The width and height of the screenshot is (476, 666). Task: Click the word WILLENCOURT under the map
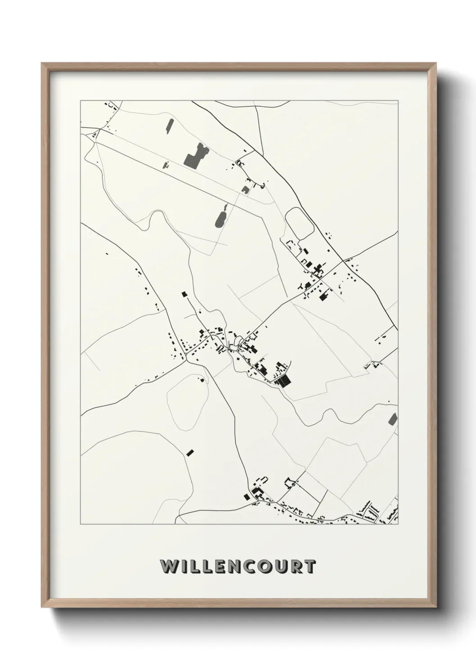[238, 566]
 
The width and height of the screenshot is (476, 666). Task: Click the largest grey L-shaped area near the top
[195, 155]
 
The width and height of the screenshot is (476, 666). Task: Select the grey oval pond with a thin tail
[222, 217]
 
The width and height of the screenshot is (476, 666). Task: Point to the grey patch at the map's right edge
[393, 418]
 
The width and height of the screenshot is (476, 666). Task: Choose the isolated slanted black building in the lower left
[190, 452]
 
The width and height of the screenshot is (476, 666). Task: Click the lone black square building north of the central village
[184, 294]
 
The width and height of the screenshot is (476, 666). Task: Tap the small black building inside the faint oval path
[202, 380]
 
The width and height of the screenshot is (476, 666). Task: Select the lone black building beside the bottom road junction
[246, 496]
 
